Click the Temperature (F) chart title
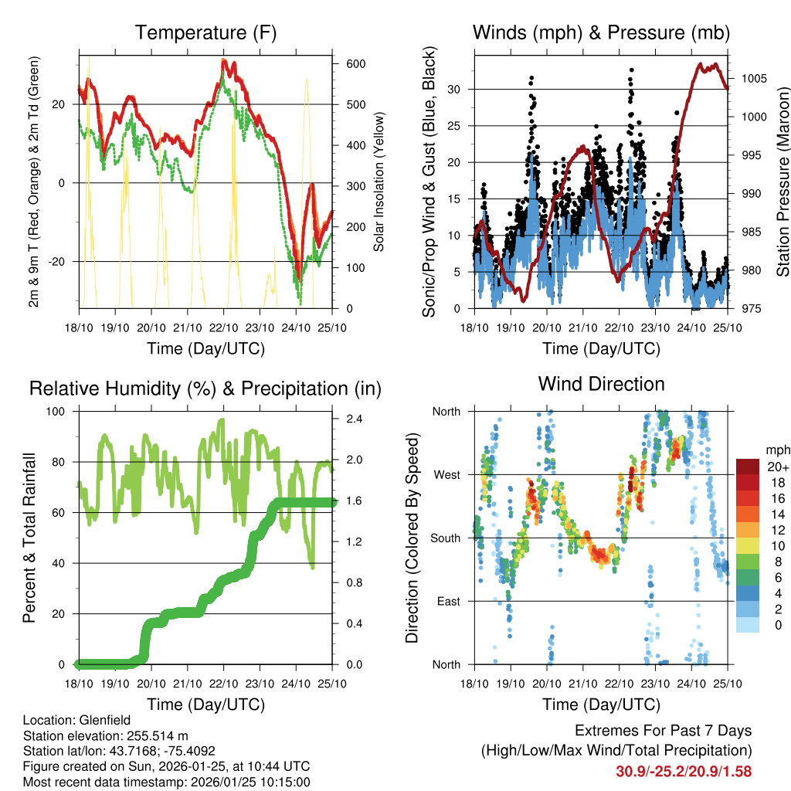click(x=205, y=33)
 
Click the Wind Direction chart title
click(x=601, y=384)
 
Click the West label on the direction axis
click(x=446, y=474)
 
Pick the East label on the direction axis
click(x=447, y=601)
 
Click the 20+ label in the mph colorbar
click(x=777, y=467)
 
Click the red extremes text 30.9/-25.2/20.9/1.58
click(x=684, y=771)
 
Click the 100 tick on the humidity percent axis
click(x=57, y=411)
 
